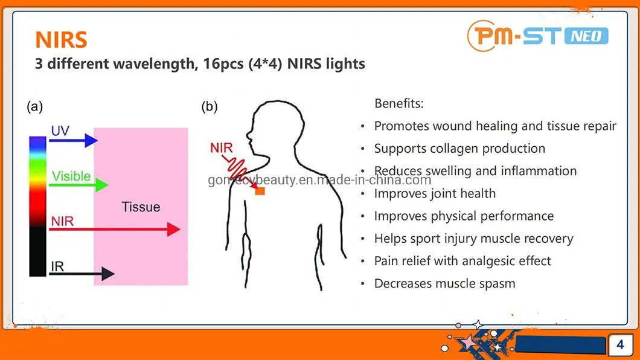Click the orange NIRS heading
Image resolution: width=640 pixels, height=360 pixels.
[61, 39]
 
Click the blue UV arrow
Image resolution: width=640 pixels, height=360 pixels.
[72, 141]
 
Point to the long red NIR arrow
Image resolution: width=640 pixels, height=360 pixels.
[115, 230]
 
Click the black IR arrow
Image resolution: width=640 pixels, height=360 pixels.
[82, 274]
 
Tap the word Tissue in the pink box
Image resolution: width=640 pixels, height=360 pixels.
[141, 207]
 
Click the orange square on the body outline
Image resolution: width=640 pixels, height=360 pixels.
[260, 191]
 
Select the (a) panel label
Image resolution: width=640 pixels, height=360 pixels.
[35, 107]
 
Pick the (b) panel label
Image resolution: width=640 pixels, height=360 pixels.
[210, 107]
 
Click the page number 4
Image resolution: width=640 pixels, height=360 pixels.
[620, 345]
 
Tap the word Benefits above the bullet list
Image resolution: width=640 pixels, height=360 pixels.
[399, 103]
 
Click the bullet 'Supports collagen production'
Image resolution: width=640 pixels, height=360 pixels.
[459, 149]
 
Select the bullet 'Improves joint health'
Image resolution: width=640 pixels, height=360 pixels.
[435, 193]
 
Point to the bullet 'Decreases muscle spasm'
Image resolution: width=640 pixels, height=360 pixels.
[444, 283]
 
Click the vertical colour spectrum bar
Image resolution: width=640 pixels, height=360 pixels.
[37, 206]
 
